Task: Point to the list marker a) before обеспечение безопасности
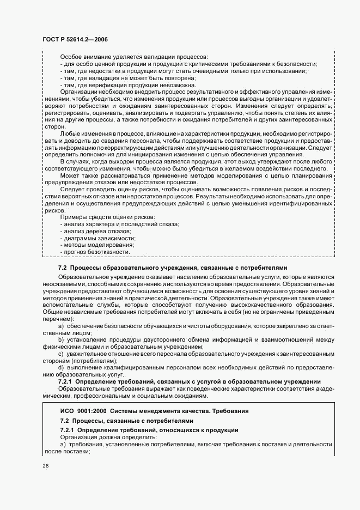pyautogui.click(x=60, y=325)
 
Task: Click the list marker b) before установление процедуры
pyautogui.click(x=60, y=339)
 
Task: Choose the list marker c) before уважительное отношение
pyautogui.click(x=60, y=354)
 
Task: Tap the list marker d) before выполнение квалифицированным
pyautogui.click(x=60, y=368)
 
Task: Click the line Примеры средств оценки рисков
pyautogui.click(x=107, y=217)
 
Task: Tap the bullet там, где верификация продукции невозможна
pyautogui.click(x=127, y=86)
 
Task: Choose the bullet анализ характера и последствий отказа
pyautogui.click(x=121, y=224)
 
